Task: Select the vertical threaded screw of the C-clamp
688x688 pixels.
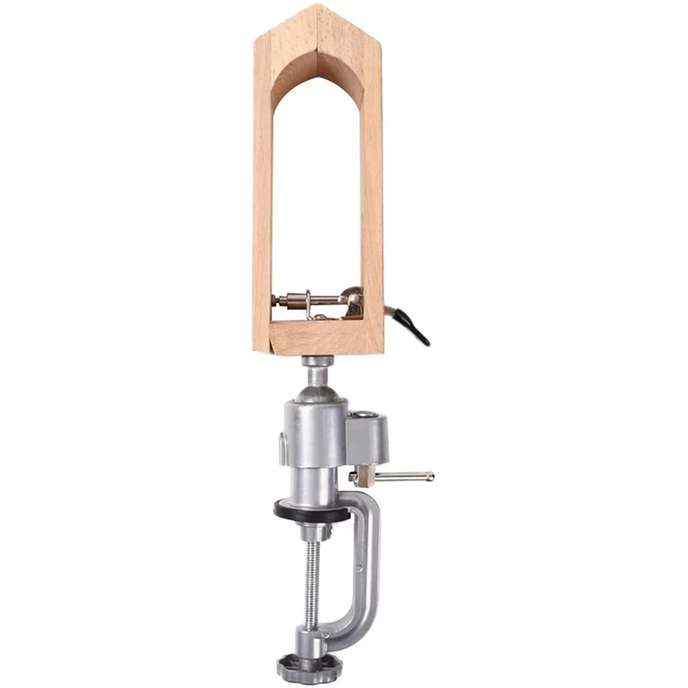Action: click(x=312, y=593)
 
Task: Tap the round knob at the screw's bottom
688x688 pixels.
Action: click(x=309, y=667)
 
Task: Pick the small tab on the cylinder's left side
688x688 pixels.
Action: click(x=282, y=448)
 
